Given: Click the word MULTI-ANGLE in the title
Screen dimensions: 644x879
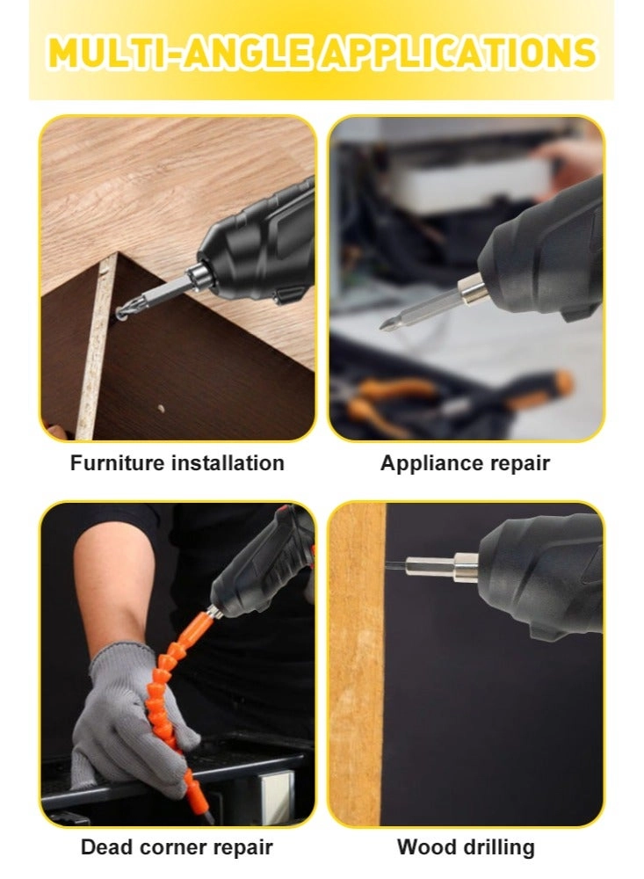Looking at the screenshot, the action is click(x=179, y=53).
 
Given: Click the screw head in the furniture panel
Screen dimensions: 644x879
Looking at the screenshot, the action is click(x=121, y=315).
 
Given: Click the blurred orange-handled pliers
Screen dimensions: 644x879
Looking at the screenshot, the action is click(x=387, y=399).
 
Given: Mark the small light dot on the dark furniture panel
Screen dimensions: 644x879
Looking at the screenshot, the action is click(x=162, y=408).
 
